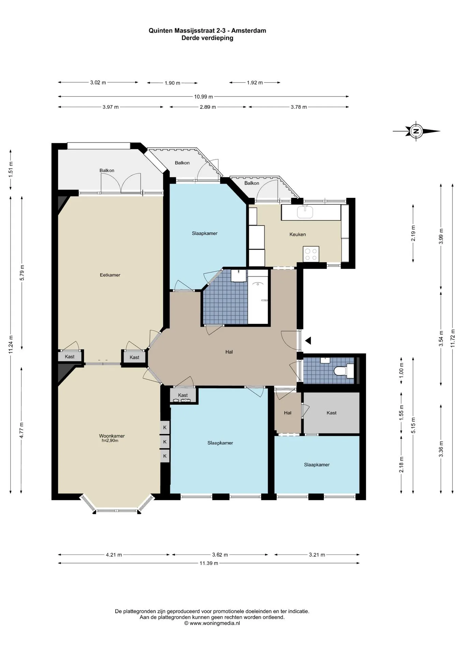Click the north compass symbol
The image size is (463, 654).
pos(416,131)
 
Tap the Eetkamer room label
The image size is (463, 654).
pos(110,275)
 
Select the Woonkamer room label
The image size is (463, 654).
pos(112,436)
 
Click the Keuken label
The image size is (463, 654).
pos(297,234)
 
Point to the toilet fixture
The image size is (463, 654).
pos(344,371)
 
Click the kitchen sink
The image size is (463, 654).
pos(305,212)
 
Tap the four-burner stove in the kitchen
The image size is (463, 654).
pos(311,254)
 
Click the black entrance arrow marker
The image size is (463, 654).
pos(308,340)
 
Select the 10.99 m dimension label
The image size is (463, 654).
pos(204,97)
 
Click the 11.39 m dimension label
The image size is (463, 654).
pos(209,563)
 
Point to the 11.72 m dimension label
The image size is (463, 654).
pos(453,338)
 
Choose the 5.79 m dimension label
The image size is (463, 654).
pos(22,272)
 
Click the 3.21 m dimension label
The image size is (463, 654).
pos(317,555)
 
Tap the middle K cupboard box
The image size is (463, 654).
pos(165,442)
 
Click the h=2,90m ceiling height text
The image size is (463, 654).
pos(110,440)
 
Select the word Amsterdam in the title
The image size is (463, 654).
pos(249,31)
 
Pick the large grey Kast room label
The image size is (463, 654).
pos(331,413)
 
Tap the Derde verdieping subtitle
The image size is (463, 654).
pos(207,38)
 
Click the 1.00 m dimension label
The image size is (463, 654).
pos(401,370)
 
